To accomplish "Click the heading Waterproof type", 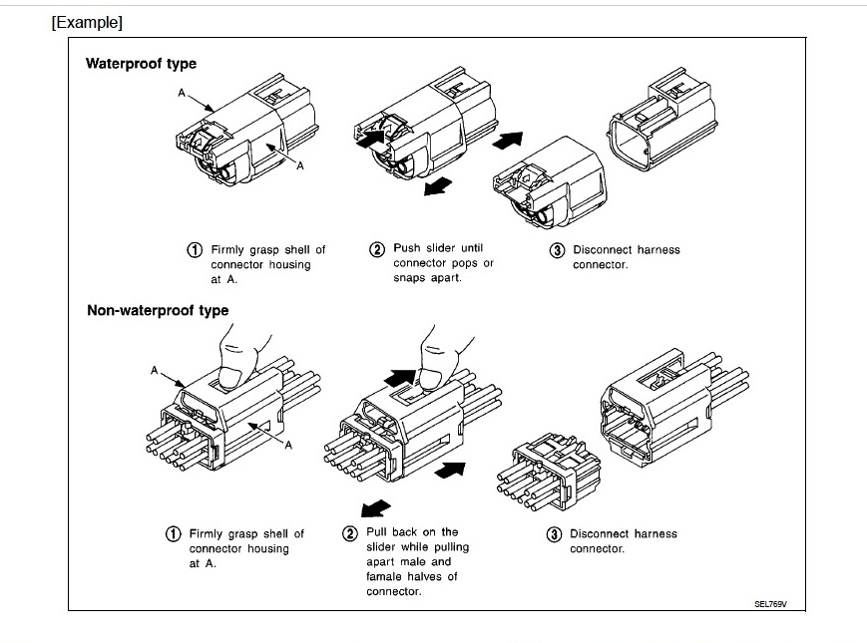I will point(141,64).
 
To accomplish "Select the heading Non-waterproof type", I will point(158,310).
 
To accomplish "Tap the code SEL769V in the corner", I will point(769,604).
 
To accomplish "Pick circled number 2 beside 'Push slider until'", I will point(377,248).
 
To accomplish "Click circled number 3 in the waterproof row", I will point(558,249).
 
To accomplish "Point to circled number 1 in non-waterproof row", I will point(174,533).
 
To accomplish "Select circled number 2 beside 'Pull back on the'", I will point(350,532).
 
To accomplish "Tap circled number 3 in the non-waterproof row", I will point(555,533).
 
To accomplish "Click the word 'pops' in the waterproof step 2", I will point(464,263).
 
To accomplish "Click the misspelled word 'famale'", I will point(385,576).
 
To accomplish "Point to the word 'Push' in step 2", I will point(407,248).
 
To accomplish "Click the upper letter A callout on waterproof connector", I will point(182,93).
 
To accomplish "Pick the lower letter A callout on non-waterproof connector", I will point(288,445).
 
